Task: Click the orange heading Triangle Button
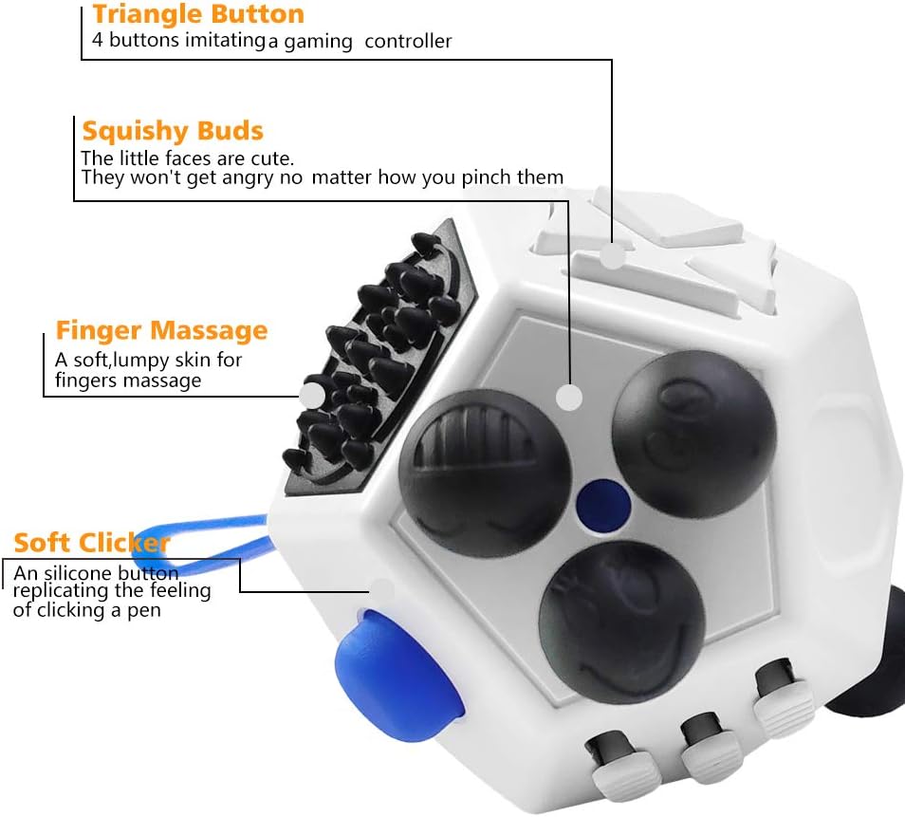(198, 14)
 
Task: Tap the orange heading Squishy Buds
(173, 131)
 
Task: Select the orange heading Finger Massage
(161, 330)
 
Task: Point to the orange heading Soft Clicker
(91, 543)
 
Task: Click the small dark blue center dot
(598, 499)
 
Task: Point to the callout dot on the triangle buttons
(615, 254)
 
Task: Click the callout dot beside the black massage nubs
(312, 395)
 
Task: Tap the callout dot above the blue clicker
(381, 590)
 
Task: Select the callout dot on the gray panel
(568, 398)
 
